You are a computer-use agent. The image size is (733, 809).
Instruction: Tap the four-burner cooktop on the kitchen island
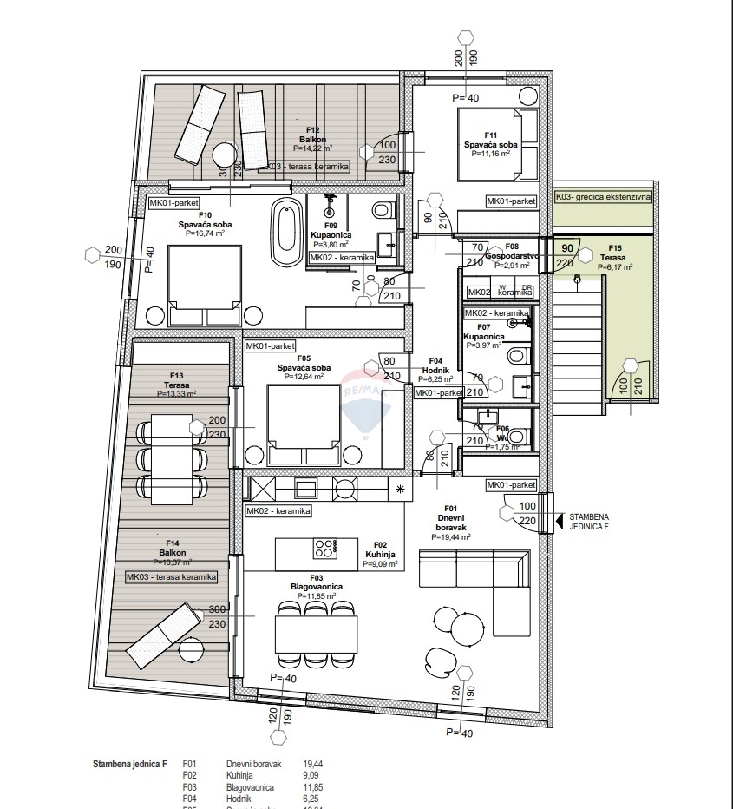[324, 548]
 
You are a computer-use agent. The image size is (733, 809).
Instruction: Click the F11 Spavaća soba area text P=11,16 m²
[490, 154]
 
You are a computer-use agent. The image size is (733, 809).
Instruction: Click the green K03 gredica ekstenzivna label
[604, 197]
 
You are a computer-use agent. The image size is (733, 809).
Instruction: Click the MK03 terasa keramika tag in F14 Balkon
[171, 576]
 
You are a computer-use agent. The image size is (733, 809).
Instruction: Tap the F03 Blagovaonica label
[317, 587]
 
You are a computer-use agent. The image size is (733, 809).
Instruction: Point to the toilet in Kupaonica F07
[517, 354]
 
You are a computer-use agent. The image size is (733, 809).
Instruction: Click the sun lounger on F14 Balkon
[164, 633]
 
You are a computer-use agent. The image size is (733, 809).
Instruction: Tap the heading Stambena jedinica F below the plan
[131, 765]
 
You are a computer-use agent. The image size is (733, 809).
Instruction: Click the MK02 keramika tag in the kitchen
[278, 511]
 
